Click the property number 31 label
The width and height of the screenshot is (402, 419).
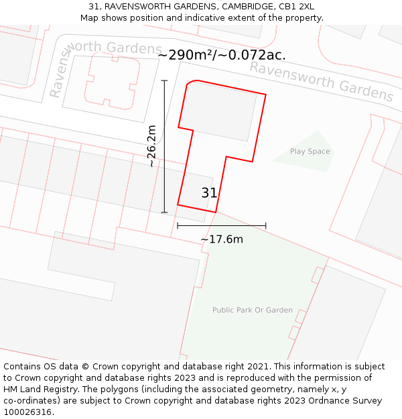point(209,193)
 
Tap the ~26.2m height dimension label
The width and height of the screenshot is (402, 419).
point(151,145)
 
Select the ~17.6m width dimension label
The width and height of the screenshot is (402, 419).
point(222,239)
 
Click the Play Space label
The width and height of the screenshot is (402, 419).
point(310,152)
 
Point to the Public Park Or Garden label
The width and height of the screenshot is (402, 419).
point(253,310)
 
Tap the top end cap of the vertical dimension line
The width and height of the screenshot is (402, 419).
point(164,80)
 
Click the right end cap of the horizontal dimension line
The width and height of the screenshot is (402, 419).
point(266,225)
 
